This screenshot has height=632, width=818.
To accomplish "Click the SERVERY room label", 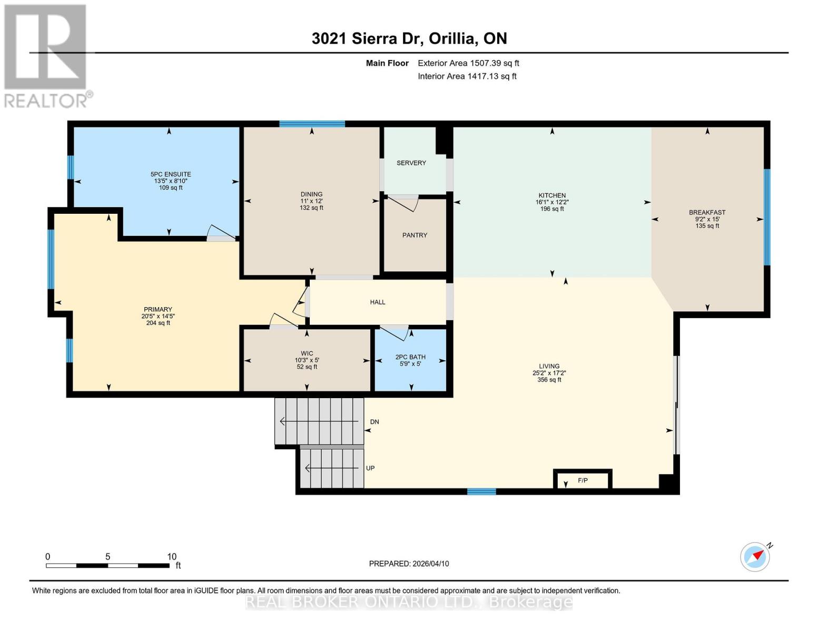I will pyautogui.click(x=411, y=163).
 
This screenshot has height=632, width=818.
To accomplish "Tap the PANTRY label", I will pyautogui.click(x=415, y=235).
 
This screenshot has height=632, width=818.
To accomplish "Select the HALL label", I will pyautogui.click(x=378, y=302).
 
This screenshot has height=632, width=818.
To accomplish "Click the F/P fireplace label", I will pyautogui.click(x=583, y=480).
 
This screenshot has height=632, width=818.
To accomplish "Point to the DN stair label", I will pyautogui.click(x=374, y=422).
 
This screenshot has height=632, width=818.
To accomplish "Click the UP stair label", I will pyautogui.click(x=370, y=468).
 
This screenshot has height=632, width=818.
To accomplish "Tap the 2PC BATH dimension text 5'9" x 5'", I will pyautogui.click(x=410, y=363).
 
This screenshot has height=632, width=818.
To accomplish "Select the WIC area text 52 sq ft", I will pyautogui.click(x=307, y=367).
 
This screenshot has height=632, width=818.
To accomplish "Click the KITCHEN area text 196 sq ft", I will pyautogui.click(x=552, y=209).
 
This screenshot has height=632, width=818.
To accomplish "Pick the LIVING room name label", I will pyautogui.click(x=549, y=366).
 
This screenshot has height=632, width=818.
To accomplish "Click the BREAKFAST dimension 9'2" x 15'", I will pyautogui.click(x=707, y=219).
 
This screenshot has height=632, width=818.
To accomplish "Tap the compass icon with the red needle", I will pyautogui.click(x=755, y=557).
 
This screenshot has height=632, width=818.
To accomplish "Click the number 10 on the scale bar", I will pyautogui.click(x=172, y=556).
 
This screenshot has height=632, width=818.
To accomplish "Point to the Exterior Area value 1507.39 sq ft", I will pyautogui.click(x=494, y=63).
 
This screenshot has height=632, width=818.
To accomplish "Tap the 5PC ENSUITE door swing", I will pyautogui.click(x=220, y=233).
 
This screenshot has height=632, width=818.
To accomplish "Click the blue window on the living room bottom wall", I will pyautogui.click(x=481, y=491).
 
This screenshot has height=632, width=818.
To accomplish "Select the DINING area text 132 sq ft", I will pyautogui.click(x=311, y=208).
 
